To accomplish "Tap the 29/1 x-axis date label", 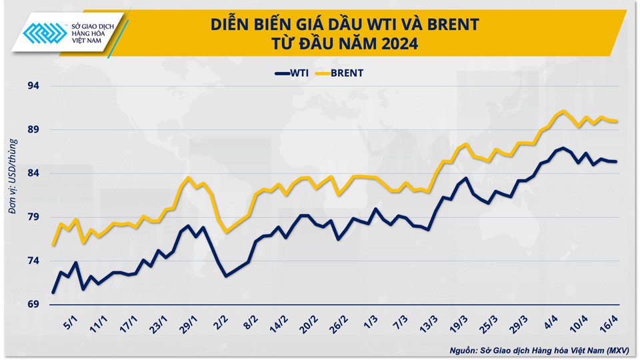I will click(191, 325).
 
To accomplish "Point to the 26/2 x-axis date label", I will click(341, 325).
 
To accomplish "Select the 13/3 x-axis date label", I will click(429, 325).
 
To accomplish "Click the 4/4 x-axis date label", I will click(552, 325).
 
